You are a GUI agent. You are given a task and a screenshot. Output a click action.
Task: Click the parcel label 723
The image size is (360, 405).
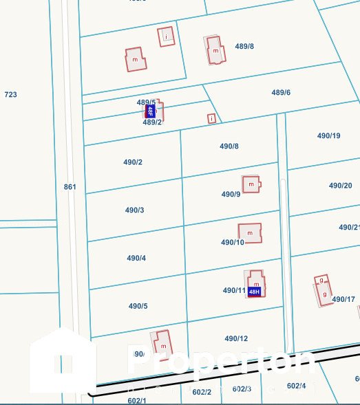(x=10, y=94)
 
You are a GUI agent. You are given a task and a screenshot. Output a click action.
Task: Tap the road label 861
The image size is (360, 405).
(x=70, y=187)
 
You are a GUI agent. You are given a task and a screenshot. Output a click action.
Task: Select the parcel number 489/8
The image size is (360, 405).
(x=244, y=47)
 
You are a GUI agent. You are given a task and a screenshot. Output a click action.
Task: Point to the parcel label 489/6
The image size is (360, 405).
(x=281, y=92)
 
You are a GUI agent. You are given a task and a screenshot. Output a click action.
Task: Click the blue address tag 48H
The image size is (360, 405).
(x=254, y=292)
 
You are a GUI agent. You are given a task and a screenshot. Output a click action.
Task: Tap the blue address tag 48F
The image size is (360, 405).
(x=149, y=111)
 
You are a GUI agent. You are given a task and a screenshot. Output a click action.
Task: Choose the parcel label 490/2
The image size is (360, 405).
(x=133, y=162)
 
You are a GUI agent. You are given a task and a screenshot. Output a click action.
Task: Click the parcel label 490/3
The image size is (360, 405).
(x=134, y=210)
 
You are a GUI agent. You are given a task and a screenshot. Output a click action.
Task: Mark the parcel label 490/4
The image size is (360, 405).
(x=136, y=259)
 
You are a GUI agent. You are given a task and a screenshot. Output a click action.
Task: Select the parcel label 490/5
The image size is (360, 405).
(x=138, y=306)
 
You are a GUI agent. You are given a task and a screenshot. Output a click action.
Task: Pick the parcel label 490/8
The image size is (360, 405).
(x=229, y=146)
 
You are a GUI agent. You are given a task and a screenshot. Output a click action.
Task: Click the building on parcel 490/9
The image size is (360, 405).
(x=251, y=184)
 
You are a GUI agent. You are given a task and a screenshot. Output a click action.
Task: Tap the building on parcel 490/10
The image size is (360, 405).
(x=250, y=232)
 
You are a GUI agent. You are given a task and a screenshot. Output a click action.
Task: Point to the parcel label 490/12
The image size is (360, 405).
(x=235, y=338)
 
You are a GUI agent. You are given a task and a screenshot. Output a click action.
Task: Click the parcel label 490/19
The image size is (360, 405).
(x=328, y=136)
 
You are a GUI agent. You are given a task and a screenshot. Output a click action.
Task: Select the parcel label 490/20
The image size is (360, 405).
(x=340, y=186)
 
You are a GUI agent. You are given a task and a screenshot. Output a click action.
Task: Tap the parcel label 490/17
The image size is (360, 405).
(x=343, y=299)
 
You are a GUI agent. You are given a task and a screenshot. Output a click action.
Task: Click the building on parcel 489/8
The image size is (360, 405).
(x=215, y=50)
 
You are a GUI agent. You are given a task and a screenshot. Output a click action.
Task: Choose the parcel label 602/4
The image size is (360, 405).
(x=296, y=386)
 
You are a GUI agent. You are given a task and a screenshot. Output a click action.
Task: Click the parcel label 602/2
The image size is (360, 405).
(x=202, y=392)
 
